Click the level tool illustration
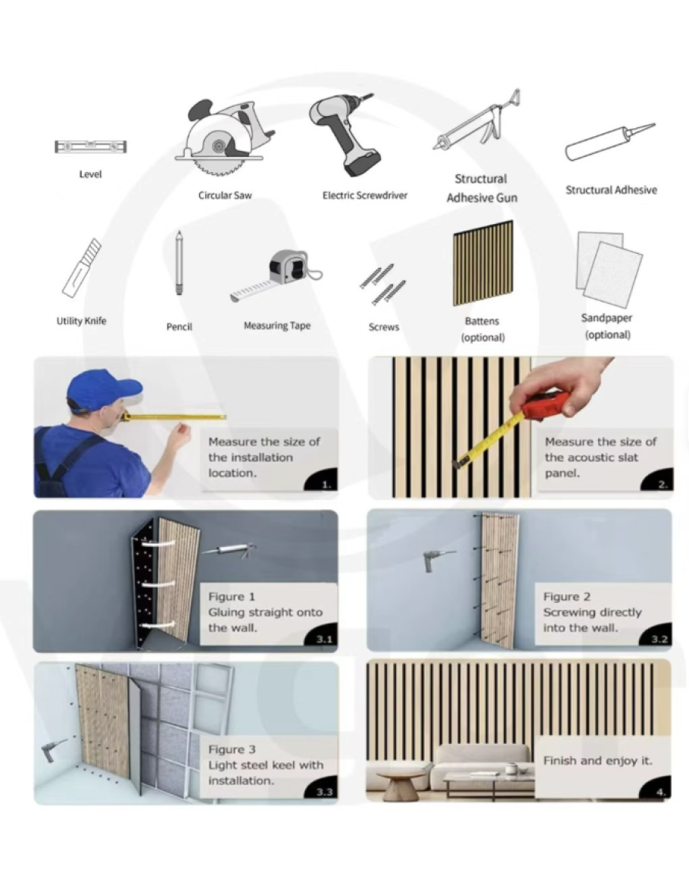pos(90,147)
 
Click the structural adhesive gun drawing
pos(478,122)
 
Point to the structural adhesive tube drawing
pos(609,142)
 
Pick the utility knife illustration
pos(82,268)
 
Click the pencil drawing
pos(179,264)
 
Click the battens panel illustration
pos(482,264)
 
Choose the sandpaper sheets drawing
pos(609,269)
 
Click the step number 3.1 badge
pos(323,639)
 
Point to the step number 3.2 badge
pos(659,639)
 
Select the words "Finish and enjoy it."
pos(597,761)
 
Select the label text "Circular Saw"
pos(225,195)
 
